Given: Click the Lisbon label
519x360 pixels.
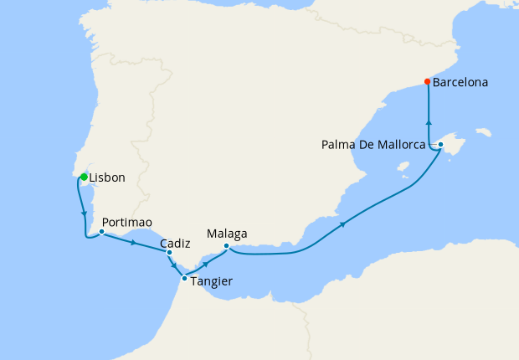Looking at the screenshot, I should click(107, 177).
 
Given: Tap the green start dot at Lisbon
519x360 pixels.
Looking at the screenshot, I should click(84, 176).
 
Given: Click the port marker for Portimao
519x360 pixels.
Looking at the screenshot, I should click(101, 231).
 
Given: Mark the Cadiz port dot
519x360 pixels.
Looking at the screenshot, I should click(169, 252).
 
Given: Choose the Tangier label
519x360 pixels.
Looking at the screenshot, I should click(212, 281).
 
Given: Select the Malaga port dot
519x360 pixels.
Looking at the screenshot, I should click(226, 246).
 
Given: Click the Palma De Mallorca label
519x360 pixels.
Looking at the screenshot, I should click(373, 144).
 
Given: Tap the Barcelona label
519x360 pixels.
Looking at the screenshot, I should click(460, 83).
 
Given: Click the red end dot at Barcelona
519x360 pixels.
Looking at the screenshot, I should click(428, 82).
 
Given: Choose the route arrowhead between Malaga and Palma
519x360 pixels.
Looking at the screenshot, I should click(343, 224).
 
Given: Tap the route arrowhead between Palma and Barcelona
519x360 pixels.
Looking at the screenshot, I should click(429, 121).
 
